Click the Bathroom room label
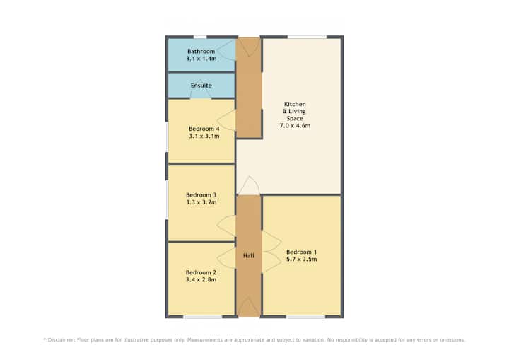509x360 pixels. click(201, 52)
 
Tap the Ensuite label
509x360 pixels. click(201, 86)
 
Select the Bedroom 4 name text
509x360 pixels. click(204, 129)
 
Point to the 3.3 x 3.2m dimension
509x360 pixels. click(201, 202)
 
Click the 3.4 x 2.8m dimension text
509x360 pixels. click(201, 279)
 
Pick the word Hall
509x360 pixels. click(249, 256)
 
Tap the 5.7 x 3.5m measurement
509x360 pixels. click(302, 260)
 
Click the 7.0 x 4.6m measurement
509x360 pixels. click(295, 125)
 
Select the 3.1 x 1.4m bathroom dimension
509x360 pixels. click(201, 59)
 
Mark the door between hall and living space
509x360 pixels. click(249, 187)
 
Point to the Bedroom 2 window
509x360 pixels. click(203, 316)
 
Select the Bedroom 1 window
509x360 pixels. click(306, 316)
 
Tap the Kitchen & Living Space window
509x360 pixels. click(307, 37)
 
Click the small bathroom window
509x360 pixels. click(200, 37)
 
